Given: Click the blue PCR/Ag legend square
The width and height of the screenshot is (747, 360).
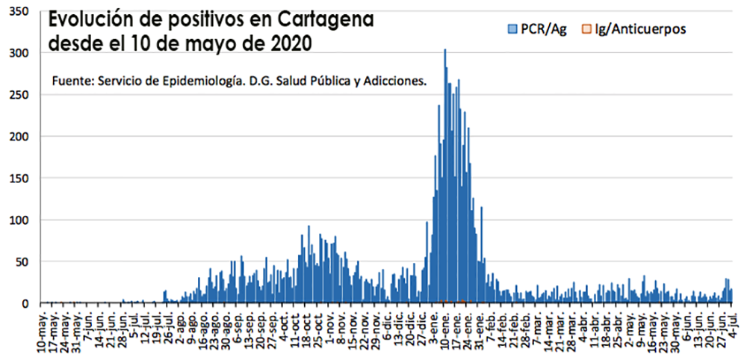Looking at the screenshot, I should tap(512, 28).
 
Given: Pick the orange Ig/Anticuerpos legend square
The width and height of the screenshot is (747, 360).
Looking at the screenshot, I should tap(587, 28).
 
